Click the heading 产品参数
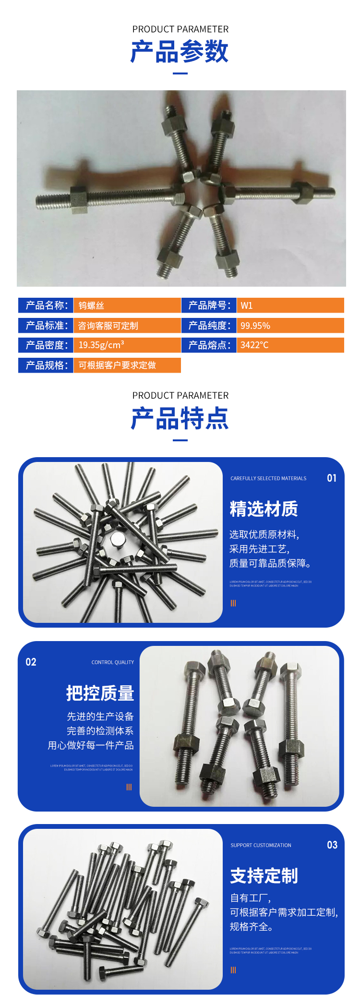[180, 52]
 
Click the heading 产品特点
[180, 418]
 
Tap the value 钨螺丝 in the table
[91, 306]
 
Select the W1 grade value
[246, 306]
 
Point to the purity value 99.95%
[255, 326]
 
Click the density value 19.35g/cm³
[101, 345]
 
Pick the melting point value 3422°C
[254, 345]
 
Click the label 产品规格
[46, 365]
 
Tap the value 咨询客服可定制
[108, 326]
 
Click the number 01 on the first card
[332, 478]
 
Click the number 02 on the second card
[31, 662]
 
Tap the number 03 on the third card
[332, 845]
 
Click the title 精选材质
[264, 509]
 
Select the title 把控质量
[100, 693]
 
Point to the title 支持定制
[264, 876]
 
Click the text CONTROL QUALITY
[113, 662]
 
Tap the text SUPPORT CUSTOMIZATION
[261, 845]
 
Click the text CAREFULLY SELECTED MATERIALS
[268, 478]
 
